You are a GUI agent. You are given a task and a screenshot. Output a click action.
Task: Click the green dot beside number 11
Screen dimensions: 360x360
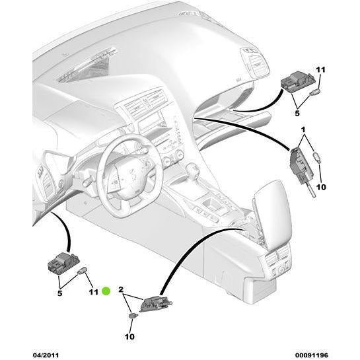(x=106, y=291)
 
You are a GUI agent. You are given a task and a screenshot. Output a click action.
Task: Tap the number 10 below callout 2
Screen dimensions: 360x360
(x=129, y=338)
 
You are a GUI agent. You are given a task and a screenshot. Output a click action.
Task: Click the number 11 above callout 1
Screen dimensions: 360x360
(x=320, y=69)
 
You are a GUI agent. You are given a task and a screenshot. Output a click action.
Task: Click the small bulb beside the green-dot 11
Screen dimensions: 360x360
(x=83, y=270)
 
